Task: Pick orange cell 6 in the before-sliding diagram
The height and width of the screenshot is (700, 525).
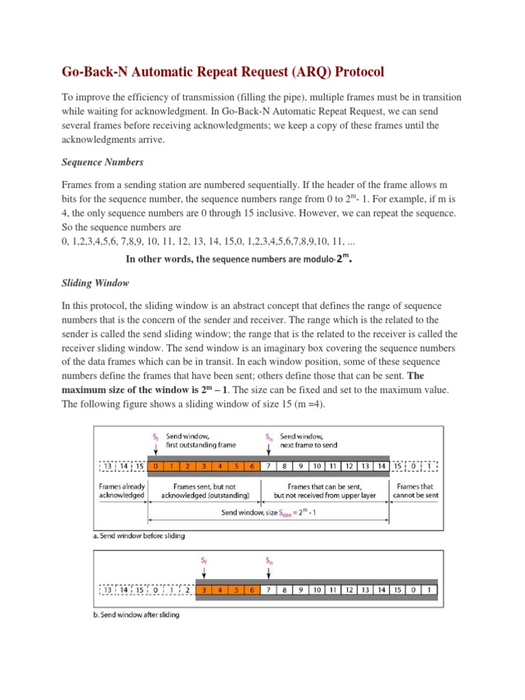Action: (x=252, y=466)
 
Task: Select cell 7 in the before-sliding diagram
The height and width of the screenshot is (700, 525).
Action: (x=269, y=466)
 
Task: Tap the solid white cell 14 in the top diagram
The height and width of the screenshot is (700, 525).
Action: (x=381, y=466)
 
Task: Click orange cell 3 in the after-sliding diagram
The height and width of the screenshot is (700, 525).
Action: (x=203, y=589)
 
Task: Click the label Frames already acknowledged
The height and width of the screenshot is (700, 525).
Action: (x=122, y=490)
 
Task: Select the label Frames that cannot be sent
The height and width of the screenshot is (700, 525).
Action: (x=414, y=490)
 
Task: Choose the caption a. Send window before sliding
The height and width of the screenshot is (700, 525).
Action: (x=139, y=536)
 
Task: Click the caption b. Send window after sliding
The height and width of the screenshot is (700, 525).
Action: (x=136, y=615)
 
